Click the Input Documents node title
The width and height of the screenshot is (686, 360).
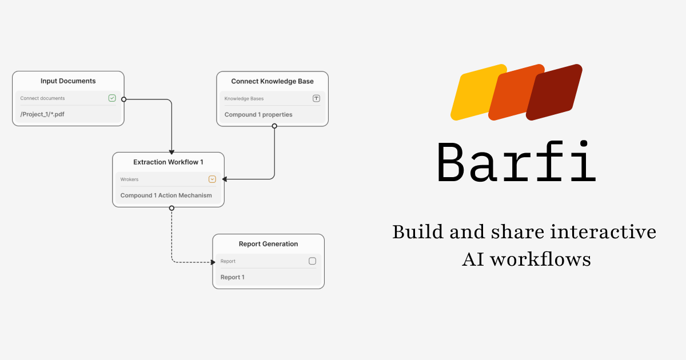pyautogui.click(x=68, y=81)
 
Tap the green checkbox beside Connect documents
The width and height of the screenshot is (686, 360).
pyautogui.click(x=112, y=98)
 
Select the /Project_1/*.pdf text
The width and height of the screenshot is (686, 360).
pyautogui.click(x=42, y=114)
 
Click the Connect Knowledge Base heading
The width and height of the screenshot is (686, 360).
pyautogui.click(x=272, y=81)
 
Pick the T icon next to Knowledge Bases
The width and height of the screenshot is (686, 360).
pyautogui.click(x=316, y=98)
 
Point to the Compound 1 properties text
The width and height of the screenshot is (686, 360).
pyautogui.click(x=258, y=115)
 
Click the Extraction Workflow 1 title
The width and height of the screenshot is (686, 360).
pyautogui.click(x=168, y=162)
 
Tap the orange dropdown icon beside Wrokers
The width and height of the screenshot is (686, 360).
pyautogui.click(x=212, y=179)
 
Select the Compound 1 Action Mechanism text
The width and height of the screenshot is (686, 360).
pyautogui.click(x=166, y=195)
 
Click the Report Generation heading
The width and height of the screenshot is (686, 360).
pyautogui.click(x=268, y=244)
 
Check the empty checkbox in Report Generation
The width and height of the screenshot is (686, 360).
pyautogui.click(x=312, y=261)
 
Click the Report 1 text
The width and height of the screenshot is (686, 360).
pyautogui.click(x=232, y=278)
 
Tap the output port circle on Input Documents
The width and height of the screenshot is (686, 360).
pyautogui.click(x=124, y=99)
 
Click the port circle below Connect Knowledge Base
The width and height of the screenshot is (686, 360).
pyautogui.click(x=274, y=126)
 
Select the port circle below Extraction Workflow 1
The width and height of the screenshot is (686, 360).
pyautogui.click(x=171, y=208)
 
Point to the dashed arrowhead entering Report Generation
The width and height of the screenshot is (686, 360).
pyautogui.click(x=209, y=262)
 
